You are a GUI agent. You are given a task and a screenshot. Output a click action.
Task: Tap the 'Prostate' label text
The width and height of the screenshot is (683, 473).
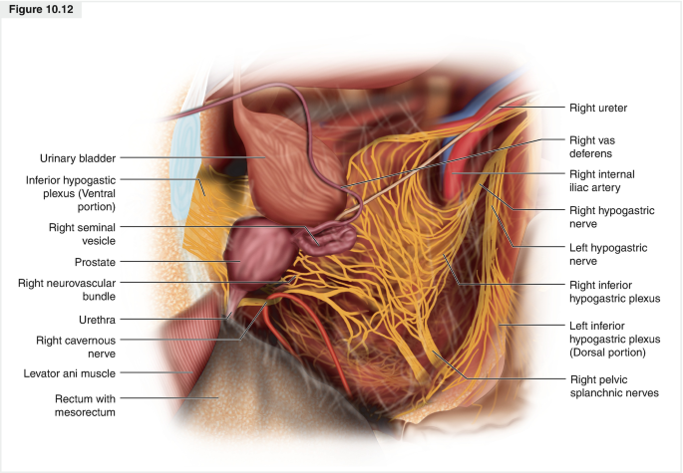tap(95, 261)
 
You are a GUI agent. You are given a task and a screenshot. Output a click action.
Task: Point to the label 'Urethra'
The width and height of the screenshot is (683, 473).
tap(98, 321)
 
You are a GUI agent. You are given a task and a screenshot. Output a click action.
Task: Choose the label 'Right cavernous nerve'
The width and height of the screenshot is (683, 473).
tap(84, 346)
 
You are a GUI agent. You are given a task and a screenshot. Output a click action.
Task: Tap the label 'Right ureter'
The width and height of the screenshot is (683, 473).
tap(597, 107)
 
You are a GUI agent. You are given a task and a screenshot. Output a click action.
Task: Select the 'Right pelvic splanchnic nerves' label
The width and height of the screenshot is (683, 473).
tap(613, 386)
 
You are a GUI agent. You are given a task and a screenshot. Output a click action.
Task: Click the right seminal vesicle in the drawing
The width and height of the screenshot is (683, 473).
tap(329, 238)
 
